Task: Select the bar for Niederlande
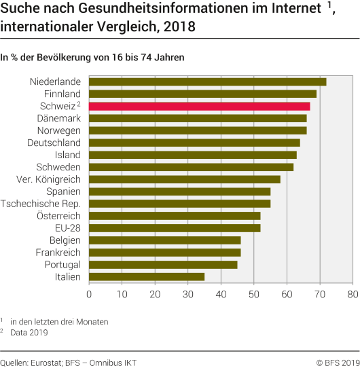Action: click(x=208, y=81)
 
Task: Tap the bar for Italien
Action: click(x=147, y=276)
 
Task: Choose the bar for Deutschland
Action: click(x=194, y=143)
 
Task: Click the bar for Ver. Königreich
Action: click(x=185, y=179)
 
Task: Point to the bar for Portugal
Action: click(x=163, y=264)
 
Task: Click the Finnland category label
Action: click(x=64, y=94)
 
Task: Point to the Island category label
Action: click(x=69, y=155)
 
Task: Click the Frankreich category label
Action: click(x=58, y=252)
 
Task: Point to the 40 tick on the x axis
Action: click(x=221, y=294)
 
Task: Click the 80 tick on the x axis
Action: click(x=352, y=294)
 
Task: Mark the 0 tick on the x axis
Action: click(x=89, y=294)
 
